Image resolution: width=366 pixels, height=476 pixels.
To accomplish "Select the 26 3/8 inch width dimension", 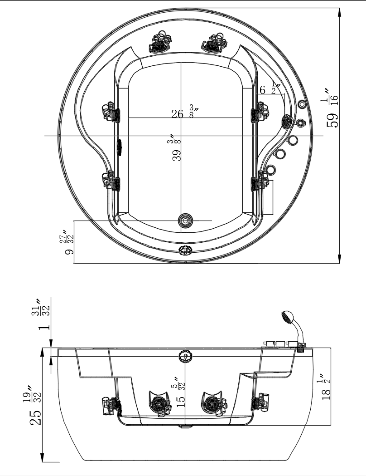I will pos(182,113).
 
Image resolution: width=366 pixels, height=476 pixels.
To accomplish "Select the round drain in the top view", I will pos(186,221).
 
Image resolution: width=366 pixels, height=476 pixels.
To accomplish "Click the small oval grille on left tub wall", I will pos(120,147).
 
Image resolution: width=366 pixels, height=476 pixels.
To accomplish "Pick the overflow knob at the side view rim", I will pos(185,356).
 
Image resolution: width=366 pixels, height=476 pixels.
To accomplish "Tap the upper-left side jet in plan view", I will pos(111,112).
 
